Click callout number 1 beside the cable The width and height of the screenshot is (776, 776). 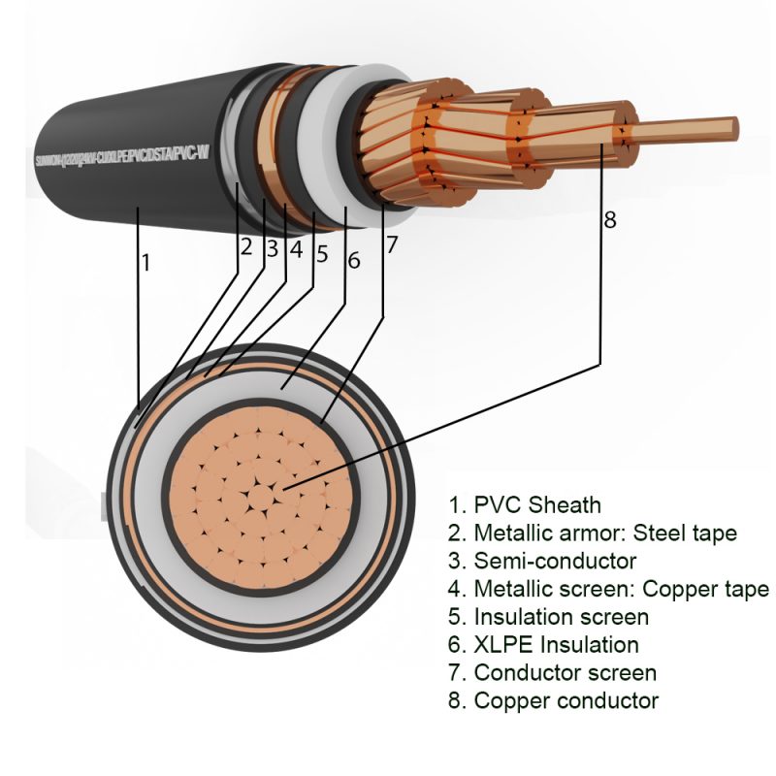[x=146, y=262]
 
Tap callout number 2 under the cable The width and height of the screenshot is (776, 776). [x=246, y=247]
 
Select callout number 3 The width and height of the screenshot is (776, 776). [x=272, y=248]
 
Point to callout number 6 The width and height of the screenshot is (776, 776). [x=353, y=259]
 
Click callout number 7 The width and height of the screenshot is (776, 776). [x=391, y=245]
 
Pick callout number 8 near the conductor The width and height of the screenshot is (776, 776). [x=610, y=220]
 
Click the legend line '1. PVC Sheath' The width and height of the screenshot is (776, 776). [x=524, y=504]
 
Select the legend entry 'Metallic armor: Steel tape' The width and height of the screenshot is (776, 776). [x=592, y=533]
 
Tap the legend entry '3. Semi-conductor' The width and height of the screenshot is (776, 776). [x=541, y=561]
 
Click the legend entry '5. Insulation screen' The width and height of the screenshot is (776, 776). [x=548, y=617]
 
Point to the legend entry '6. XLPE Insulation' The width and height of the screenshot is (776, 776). [x=543, y=644]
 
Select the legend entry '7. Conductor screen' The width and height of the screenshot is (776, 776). [x=552, y=672]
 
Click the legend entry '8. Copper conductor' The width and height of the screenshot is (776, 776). [x=553, y=700]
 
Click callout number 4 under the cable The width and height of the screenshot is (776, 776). [x=296, y=249]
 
